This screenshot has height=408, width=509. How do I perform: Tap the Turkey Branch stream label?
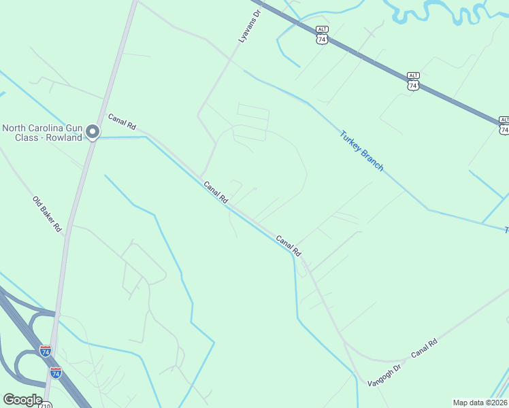(361, 151)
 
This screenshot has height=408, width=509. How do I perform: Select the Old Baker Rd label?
(47, 214)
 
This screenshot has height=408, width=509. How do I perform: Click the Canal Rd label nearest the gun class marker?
(122, 122)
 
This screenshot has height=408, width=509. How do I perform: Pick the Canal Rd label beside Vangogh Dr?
(423, 347)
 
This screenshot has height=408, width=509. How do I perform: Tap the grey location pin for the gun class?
(94, 132)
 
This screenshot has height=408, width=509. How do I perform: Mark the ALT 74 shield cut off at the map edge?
(504, 126)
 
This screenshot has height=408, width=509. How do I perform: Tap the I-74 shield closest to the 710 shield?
(56, 373)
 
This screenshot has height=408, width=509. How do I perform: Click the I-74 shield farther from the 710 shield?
(46, 352)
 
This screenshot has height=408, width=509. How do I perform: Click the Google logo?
(22, 400)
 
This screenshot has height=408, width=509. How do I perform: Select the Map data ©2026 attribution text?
(480, 403)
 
